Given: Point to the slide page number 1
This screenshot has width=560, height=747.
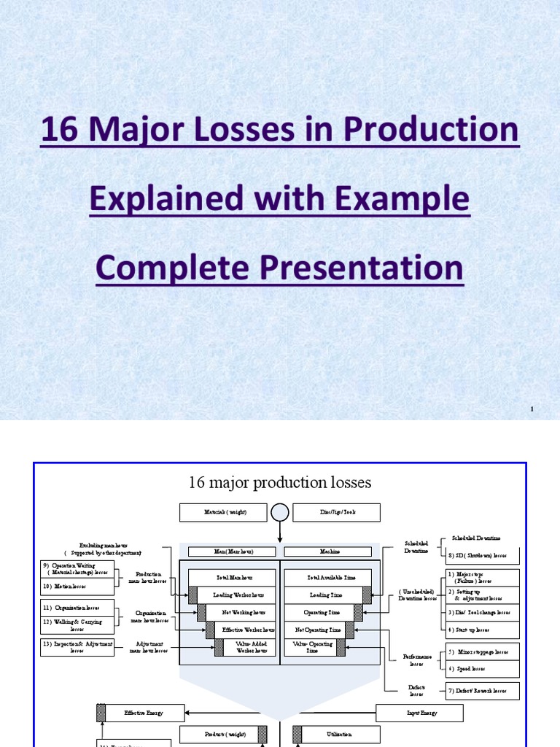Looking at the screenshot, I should pos(532,410).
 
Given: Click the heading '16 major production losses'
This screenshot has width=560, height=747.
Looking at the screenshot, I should pos(280,482).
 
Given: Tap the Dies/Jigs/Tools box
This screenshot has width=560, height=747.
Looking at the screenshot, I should pos(336,513).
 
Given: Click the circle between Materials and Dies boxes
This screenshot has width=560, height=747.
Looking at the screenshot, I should pos(280,513).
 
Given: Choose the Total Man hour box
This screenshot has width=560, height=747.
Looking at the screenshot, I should pos(233,577).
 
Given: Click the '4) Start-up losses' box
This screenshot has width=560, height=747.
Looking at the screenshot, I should pos(483,630).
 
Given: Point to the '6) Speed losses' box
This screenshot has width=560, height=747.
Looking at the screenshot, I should pos(483,668).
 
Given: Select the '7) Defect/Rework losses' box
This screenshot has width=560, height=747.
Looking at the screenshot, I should pos(483,690).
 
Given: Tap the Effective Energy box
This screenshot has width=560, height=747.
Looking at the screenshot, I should pos(144,713).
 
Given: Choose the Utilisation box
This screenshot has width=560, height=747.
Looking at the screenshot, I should pos(336,735).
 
